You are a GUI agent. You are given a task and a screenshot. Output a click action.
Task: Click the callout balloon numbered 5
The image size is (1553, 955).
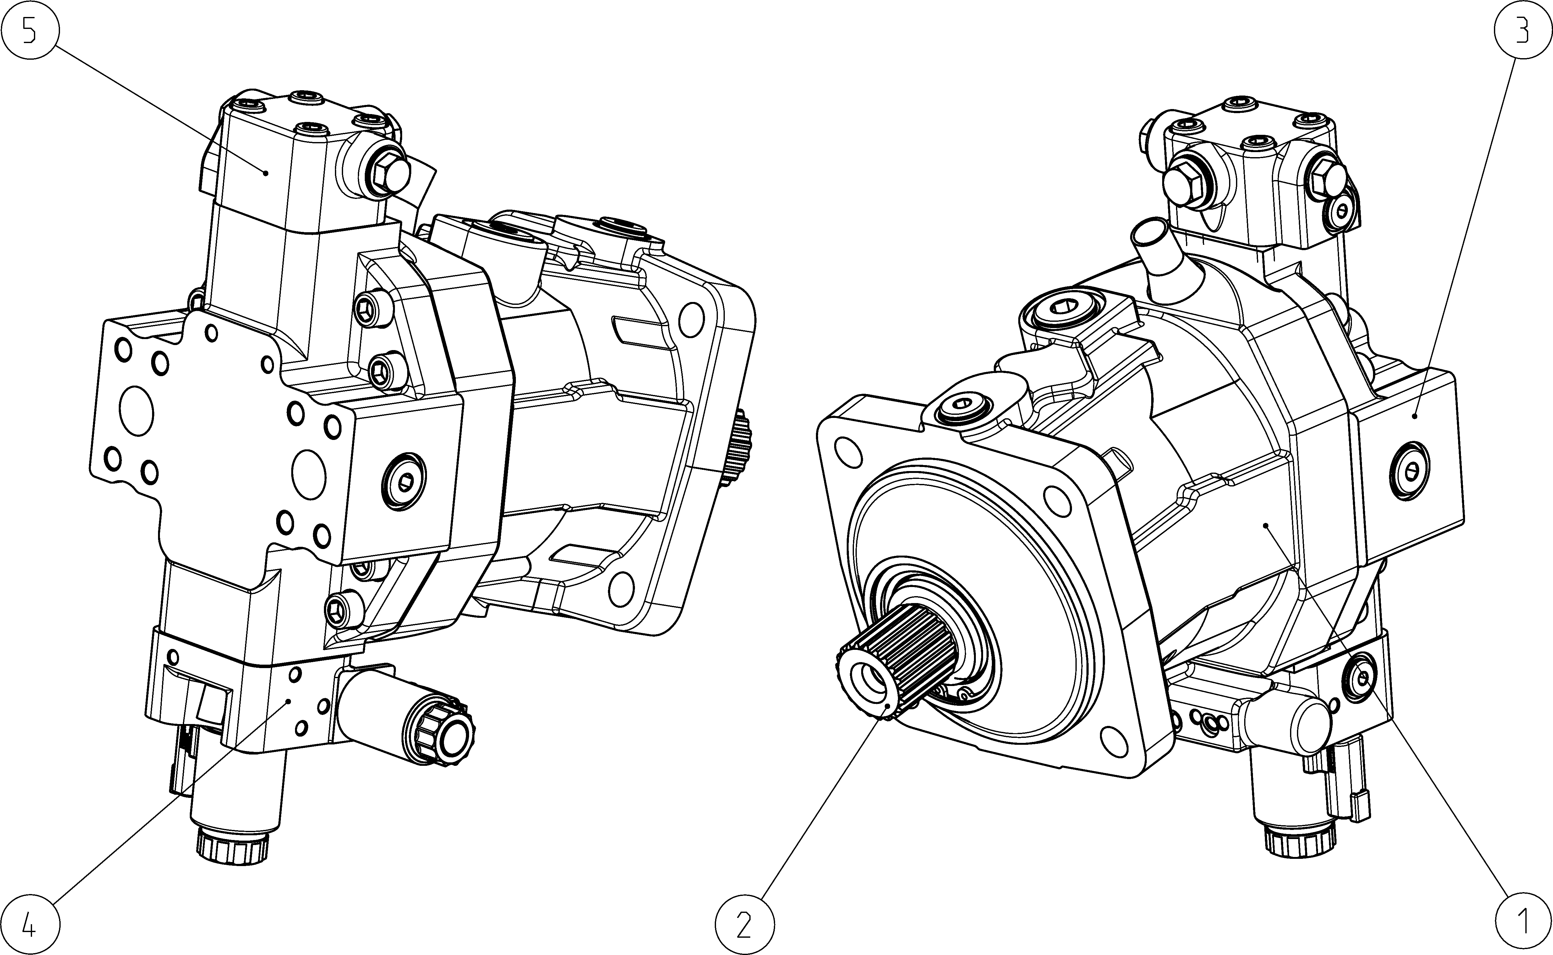coord(30,30)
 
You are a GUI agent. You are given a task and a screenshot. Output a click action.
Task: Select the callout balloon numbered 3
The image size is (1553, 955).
coord(1523,30)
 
